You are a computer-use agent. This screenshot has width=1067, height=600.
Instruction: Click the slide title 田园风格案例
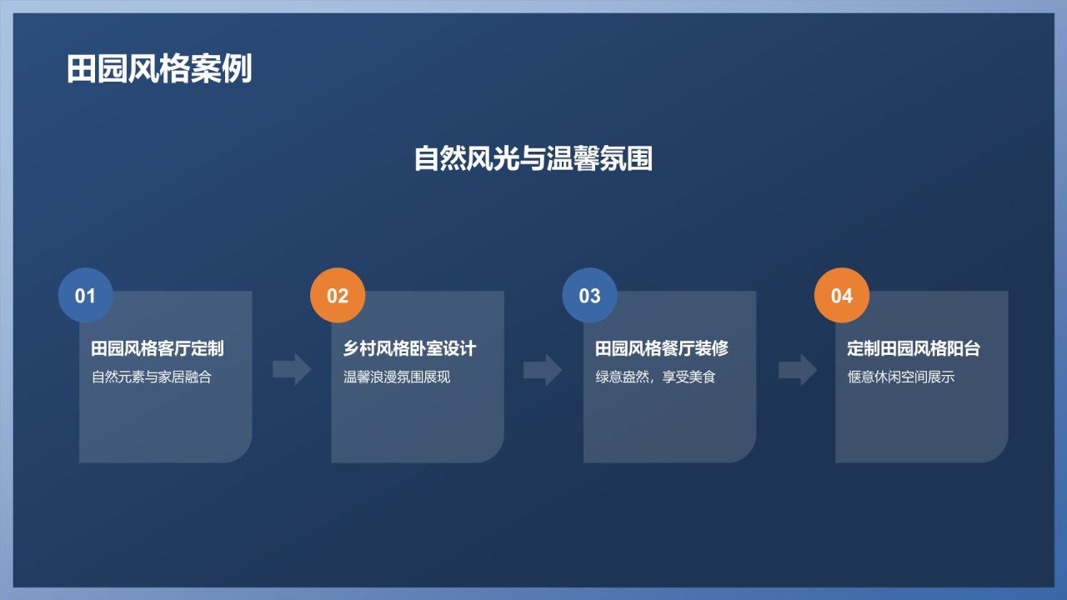159,69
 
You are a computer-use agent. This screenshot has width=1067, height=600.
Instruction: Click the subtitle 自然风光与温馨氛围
533,158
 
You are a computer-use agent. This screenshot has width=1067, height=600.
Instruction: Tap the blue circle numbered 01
86,296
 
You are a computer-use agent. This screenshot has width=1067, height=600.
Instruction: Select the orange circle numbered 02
338,296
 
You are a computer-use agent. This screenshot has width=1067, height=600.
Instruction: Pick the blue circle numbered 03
589,296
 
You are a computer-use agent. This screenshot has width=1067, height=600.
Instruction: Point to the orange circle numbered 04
842,296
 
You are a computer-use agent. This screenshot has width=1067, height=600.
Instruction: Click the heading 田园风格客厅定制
158,348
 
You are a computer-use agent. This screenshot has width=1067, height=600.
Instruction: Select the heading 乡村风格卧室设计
409,348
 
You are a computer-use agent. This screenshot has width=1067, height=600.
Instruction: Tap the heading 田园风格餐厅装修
662,348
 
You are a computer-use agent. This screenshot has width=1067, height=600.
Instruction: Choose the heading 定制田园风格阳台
914,348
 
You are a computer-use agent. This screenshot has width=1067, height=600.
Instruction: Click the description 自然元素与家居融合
152,377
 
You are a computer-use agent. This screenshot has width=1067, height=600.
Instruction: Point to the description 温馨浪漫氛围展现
397,377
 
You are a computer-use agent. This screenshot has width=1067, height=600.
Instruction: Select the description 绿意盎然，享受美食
655,377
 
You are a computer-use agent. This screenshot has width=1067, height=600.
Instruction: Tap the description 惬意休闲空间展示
901,377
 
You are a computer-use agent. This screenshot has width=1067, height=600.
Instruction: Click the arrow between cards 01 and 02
292,369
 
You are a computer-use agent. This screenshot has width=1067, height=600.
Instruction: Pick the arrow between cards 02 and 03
543,369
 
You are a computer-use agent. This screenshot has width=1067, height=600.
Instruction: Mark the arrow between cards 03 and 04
798,369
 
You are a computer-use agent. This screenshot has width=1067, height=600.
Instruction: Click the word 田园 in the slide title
98,69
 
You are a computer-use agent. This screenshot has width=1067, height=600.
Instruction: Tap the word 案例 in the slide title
221,69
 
